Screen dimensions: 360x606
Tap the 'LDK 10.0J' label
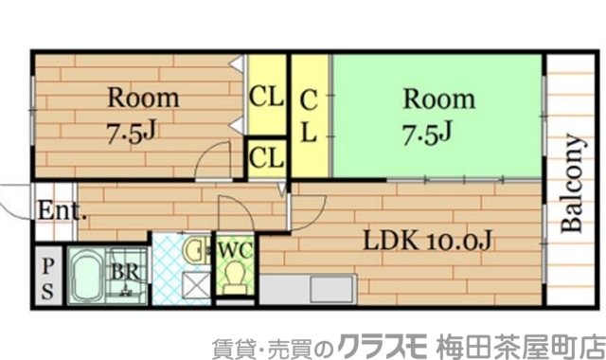pos(428,242)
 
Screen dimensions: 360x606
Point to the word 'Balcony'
pos(572,185)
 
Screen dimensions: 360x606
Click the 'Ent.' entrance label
pos(62,210)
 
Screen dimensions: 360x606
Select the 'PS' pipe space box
pos(47,276)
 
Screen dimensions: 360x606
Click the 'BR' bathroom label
pos(123,269)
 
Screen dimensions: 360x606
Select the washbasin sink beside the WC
pos(197,251)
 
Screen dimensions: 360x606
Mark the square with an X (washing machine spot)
pos(197,285)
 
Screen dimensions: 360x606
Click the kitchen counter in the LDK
pos(308,288)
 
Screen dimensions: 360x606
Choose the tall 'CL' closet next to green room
pos(310,115)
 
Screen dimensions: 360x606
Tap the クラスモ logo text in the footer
pos(384,342)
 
